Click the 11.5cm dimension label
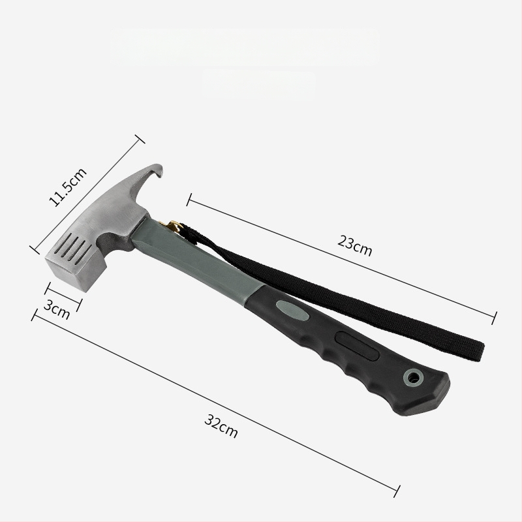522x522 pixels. coord(68,187)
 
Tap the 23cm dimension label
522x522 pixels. coord(354,246)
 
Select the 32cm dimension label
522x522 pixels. coord(221,426)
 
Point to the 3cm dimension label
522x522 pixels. coord(57,309)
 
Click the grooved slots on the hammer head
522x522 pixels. coord(75,247)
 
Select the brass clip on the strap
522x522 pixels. coord(172,226)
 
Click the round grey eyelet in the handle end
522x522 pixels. coord(414,378)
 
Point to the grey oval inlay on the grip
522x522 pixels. coord(292,311)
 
